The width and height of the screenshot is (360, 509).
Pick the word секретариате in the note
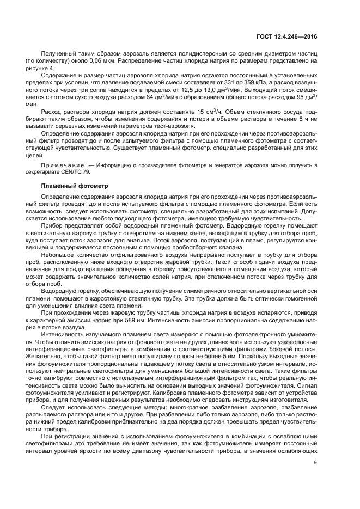click(x=59, y=171)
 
